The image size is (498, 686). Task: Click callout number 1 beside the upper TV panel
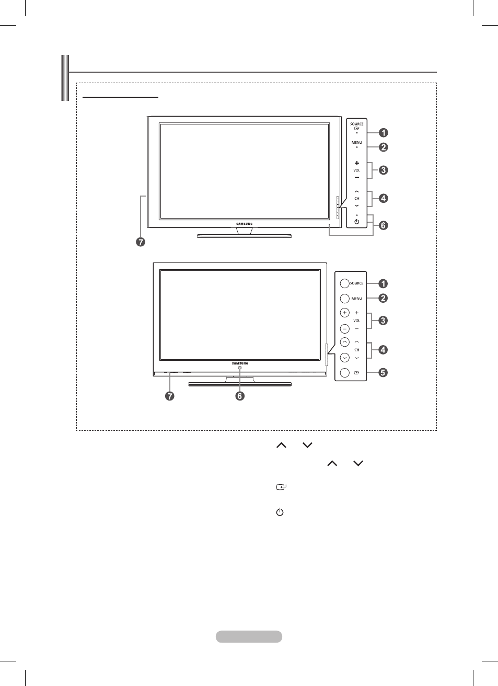383,133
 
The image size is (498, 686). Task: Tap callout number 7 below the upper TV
141,242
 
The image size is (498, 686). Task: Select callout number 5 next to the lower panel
383,373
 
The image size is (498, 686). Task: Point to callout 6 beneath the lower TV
240,396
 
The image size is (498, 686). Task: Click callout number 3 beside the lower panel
383,321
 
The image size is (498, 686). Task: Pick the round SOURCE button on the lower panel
345,283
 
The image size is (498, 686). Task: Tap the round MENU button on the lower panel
345,298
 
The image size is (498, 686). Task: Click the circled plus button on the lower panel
345,313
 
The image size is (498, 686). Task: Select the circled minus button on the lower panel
345,329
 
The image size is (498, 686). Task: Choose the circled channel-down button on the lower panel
345,358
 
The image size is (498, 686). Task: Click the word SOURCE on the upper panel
356,124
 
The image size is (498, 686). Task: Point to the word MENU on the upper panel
356,142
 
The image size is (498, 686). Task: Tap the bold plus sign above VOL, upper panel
356,163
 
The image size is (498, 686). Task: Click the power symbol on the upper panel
356,222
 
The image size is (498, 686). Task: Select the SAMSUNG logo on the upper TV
244,224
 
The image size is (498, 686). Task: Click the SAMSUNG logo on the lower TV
240,363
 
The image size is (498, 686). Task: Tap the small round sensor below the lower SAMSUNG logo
240,368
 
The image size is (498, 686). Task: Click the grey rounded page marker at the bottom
249,636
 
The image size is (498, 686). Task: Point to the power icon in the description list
280,512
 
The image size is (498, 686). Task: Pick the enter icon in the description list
281,487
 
